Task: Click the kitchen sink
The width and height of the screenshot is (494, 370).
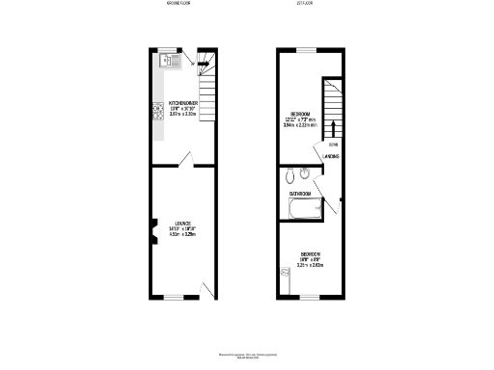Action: pyautogui.click(x=171, y=61)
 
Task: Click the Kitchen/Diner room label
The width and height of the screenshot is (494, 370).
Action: pyautogui.click(x=183, y=101)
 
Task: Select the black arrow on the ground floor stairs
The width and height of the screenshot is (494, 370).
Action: pyautogui.click(x=204, y=66)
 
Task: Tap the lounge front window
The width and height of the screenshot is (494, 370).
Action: pyautogui.click(x=174, y=297)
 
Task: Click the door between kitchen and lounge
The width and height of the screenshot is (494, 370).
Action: pyautogui.click(x=189, y=157)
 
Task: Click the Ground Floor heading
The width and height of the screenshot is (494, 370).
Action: pyautogui.click(x=179, y=5)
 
